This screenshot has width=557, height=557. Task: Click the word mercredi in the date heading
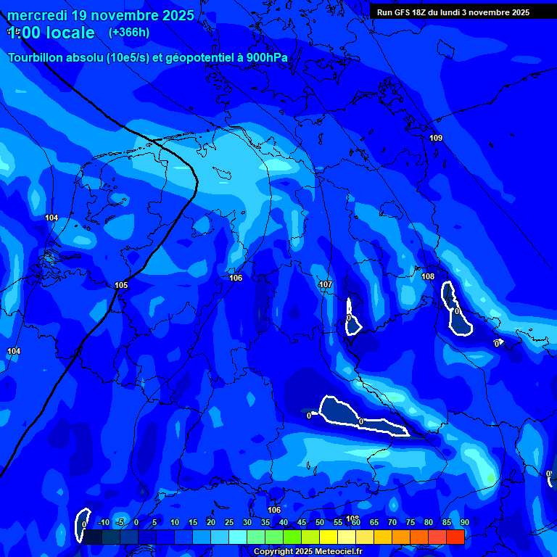[37, 15]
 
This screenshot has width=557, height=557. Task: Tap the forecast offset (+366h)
[128, 32]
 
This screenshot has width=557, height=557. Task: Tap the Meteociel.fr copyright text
[308, 552]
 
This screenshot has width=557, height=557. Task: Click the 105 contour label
[121, 285]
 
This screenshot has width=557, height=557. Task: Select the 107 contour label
[326, 285]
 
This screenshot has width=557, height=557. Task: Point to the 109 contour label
[435, 138]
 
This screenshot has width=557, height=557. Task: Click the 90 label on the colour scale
[464, 523]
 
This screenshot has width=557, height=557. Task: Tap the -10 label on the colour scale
[104, 523]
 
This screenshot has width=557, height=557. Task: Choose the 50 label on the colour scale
[320, 523]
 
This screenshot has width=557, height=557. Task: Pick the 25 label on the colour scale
[228, 523]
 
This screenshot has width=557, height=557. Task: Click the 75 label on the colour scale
[410, 523]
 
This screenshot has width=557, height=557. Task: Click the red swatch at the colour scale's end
[455, 537]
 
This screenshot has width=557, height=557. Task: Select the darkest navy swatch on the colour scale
[93, 537]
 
